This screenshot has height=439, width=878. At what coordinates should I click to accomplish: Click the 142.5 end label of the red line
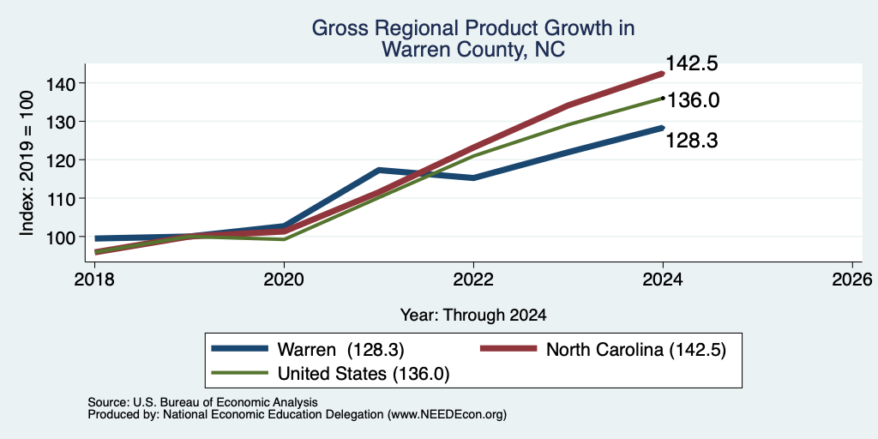tap(692, 63)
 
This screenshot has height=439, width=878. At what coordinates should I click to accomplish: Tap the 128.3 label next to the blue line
tap(692, 141)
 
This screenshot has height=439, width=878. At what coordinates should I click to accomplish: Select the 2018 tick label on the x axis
tap(94, 279)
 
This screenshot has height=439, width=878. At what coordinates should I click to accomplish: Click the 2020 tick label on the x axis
tap(284, 279)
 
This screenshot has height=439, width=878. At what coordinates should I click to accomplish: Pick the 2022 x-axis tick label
tap(473, 279)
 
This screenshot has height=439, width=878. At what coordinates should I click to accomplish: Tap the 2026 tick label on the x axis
tap(853, 279)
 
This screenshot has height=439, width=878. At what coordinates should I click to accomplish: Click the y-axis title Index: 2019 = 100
tap(27, 163)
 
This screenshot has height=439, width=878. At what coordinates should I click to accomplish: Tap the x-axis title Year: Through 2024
tap(473, 316)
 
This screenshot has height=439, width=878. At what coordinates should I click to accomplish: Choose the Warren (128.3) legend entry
tap(307, 350)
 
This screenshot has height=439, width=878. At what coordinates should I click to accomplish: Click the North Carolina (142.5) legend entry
tap(603, 350)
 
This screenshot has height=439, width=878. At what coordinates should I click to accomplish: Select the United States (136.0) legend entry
tap(330, 374)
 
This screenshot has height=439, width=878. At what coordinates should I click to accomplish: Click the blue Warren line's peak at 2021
tap(379, 170)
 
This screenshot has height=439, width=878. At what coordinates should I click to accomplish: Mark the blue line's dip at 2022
tap(473, 178)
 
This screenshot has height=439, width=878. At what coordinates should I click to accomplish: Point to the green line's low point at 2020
tap(284, 240)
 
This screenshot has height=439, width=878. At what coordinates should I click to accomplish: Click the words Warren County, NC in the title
tap(473, 49)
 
